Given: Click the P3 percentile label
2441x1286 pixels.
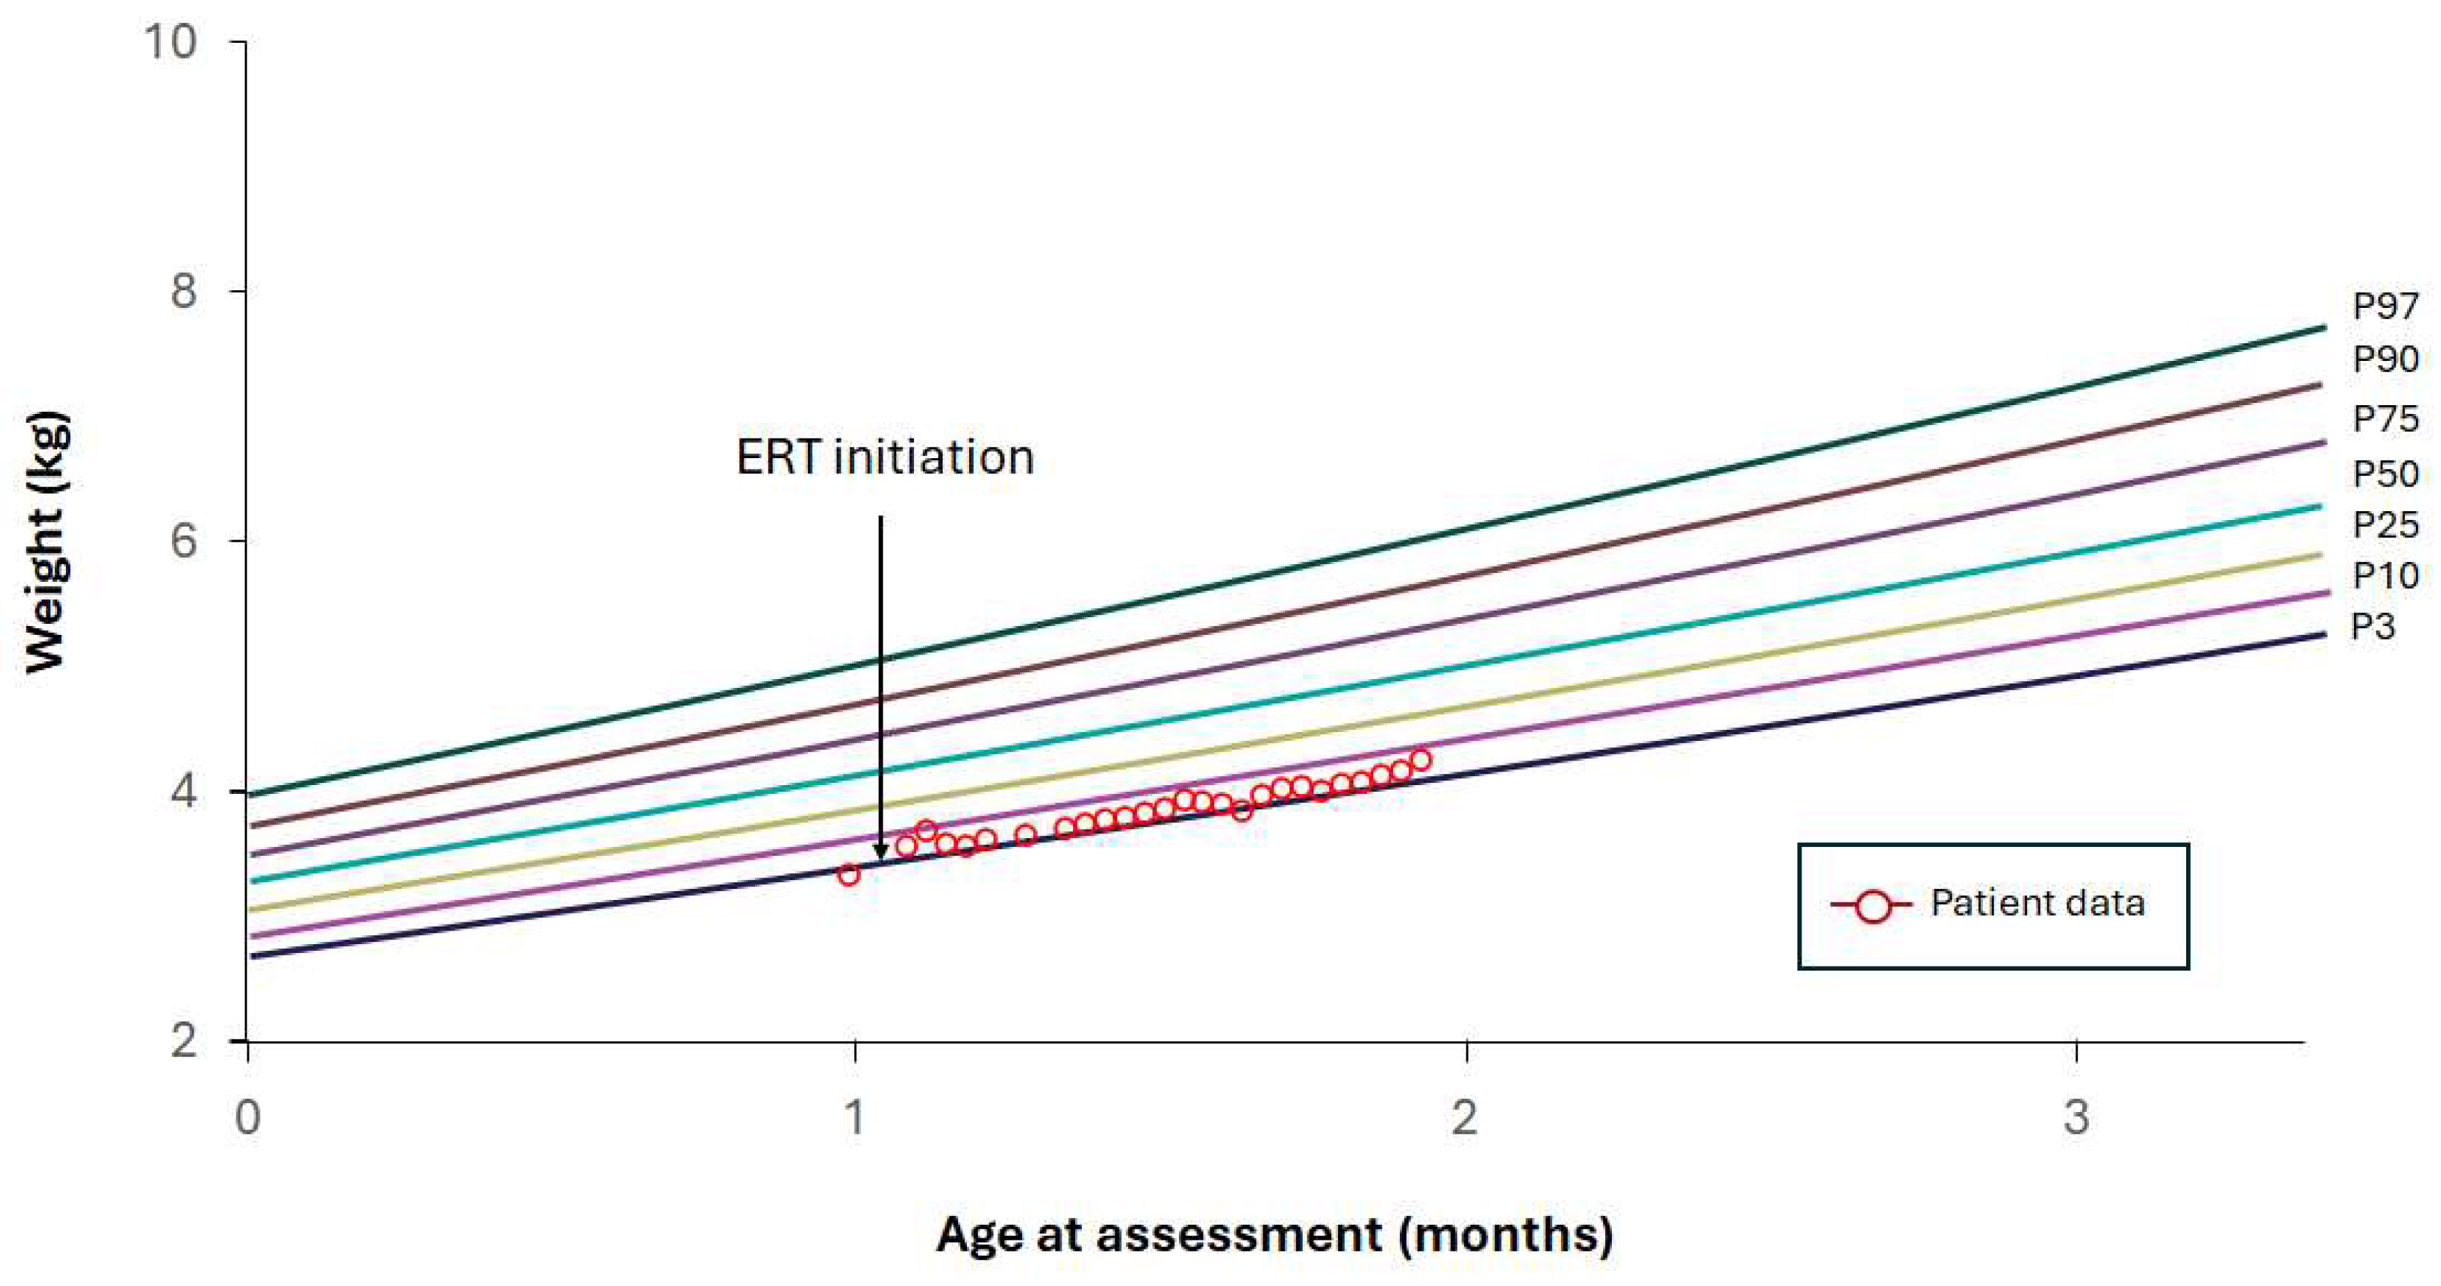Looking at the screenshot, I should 2373,627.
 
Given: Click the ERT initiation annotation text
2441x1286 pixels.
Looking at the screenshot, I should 884,457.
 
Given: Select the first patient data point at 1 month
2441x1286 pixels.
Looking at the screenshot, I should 849,875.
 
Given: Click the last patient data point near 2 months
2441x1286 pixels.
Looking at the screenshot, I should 1420,760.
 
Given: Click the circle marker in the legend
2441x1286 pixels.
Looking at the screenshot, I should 1872,906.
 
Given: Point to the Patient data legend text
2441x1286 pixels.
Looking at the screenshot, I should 2037,903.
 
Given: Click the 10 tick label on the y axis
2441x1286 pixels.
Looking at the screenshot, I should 171,41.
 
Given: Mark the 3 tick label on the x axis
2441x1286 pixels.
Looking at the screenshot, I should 2076,1118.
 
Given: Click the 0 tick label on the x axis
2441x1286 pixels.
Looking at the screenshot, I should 247,1118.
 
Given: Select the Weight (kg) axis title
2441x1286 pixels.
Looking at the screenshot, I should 46,542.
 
